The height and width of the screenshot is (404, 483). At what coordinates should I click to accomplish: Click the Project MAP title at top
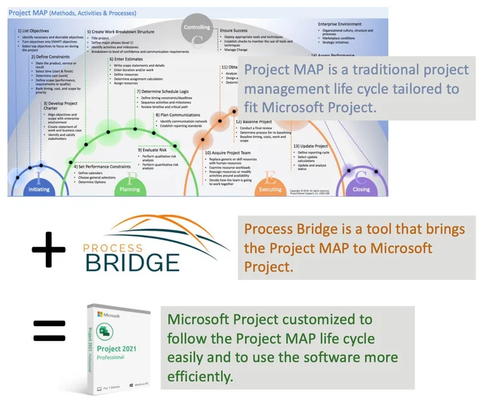click(x=72, y=13)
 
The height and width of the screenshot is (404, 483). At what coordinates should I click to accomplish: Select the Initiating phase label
click(x=39, y=189)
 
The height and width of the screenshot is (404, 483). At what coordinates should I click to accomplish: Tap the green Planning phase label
click(x=130, y=189)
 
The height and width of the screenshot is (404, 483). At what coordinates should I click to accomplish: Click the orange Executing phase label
click(x=270, y=189)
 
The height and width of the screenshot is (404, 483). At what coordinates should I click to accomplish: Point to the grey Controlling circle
click(x=197, y=28)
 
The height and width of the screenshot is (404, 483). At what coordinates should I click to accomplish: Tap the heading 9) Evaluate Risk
click(x=155, y=149)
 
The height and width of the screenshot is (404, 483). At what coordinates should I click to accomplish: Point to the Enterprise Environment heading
click(x=345, y=24)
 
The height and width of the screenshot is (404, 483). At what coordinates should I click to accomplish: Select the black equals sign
click(x=49, y=330)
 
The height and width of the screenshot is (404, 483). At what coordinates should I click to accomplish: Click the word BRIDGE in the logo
click(x=133, y=262)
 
